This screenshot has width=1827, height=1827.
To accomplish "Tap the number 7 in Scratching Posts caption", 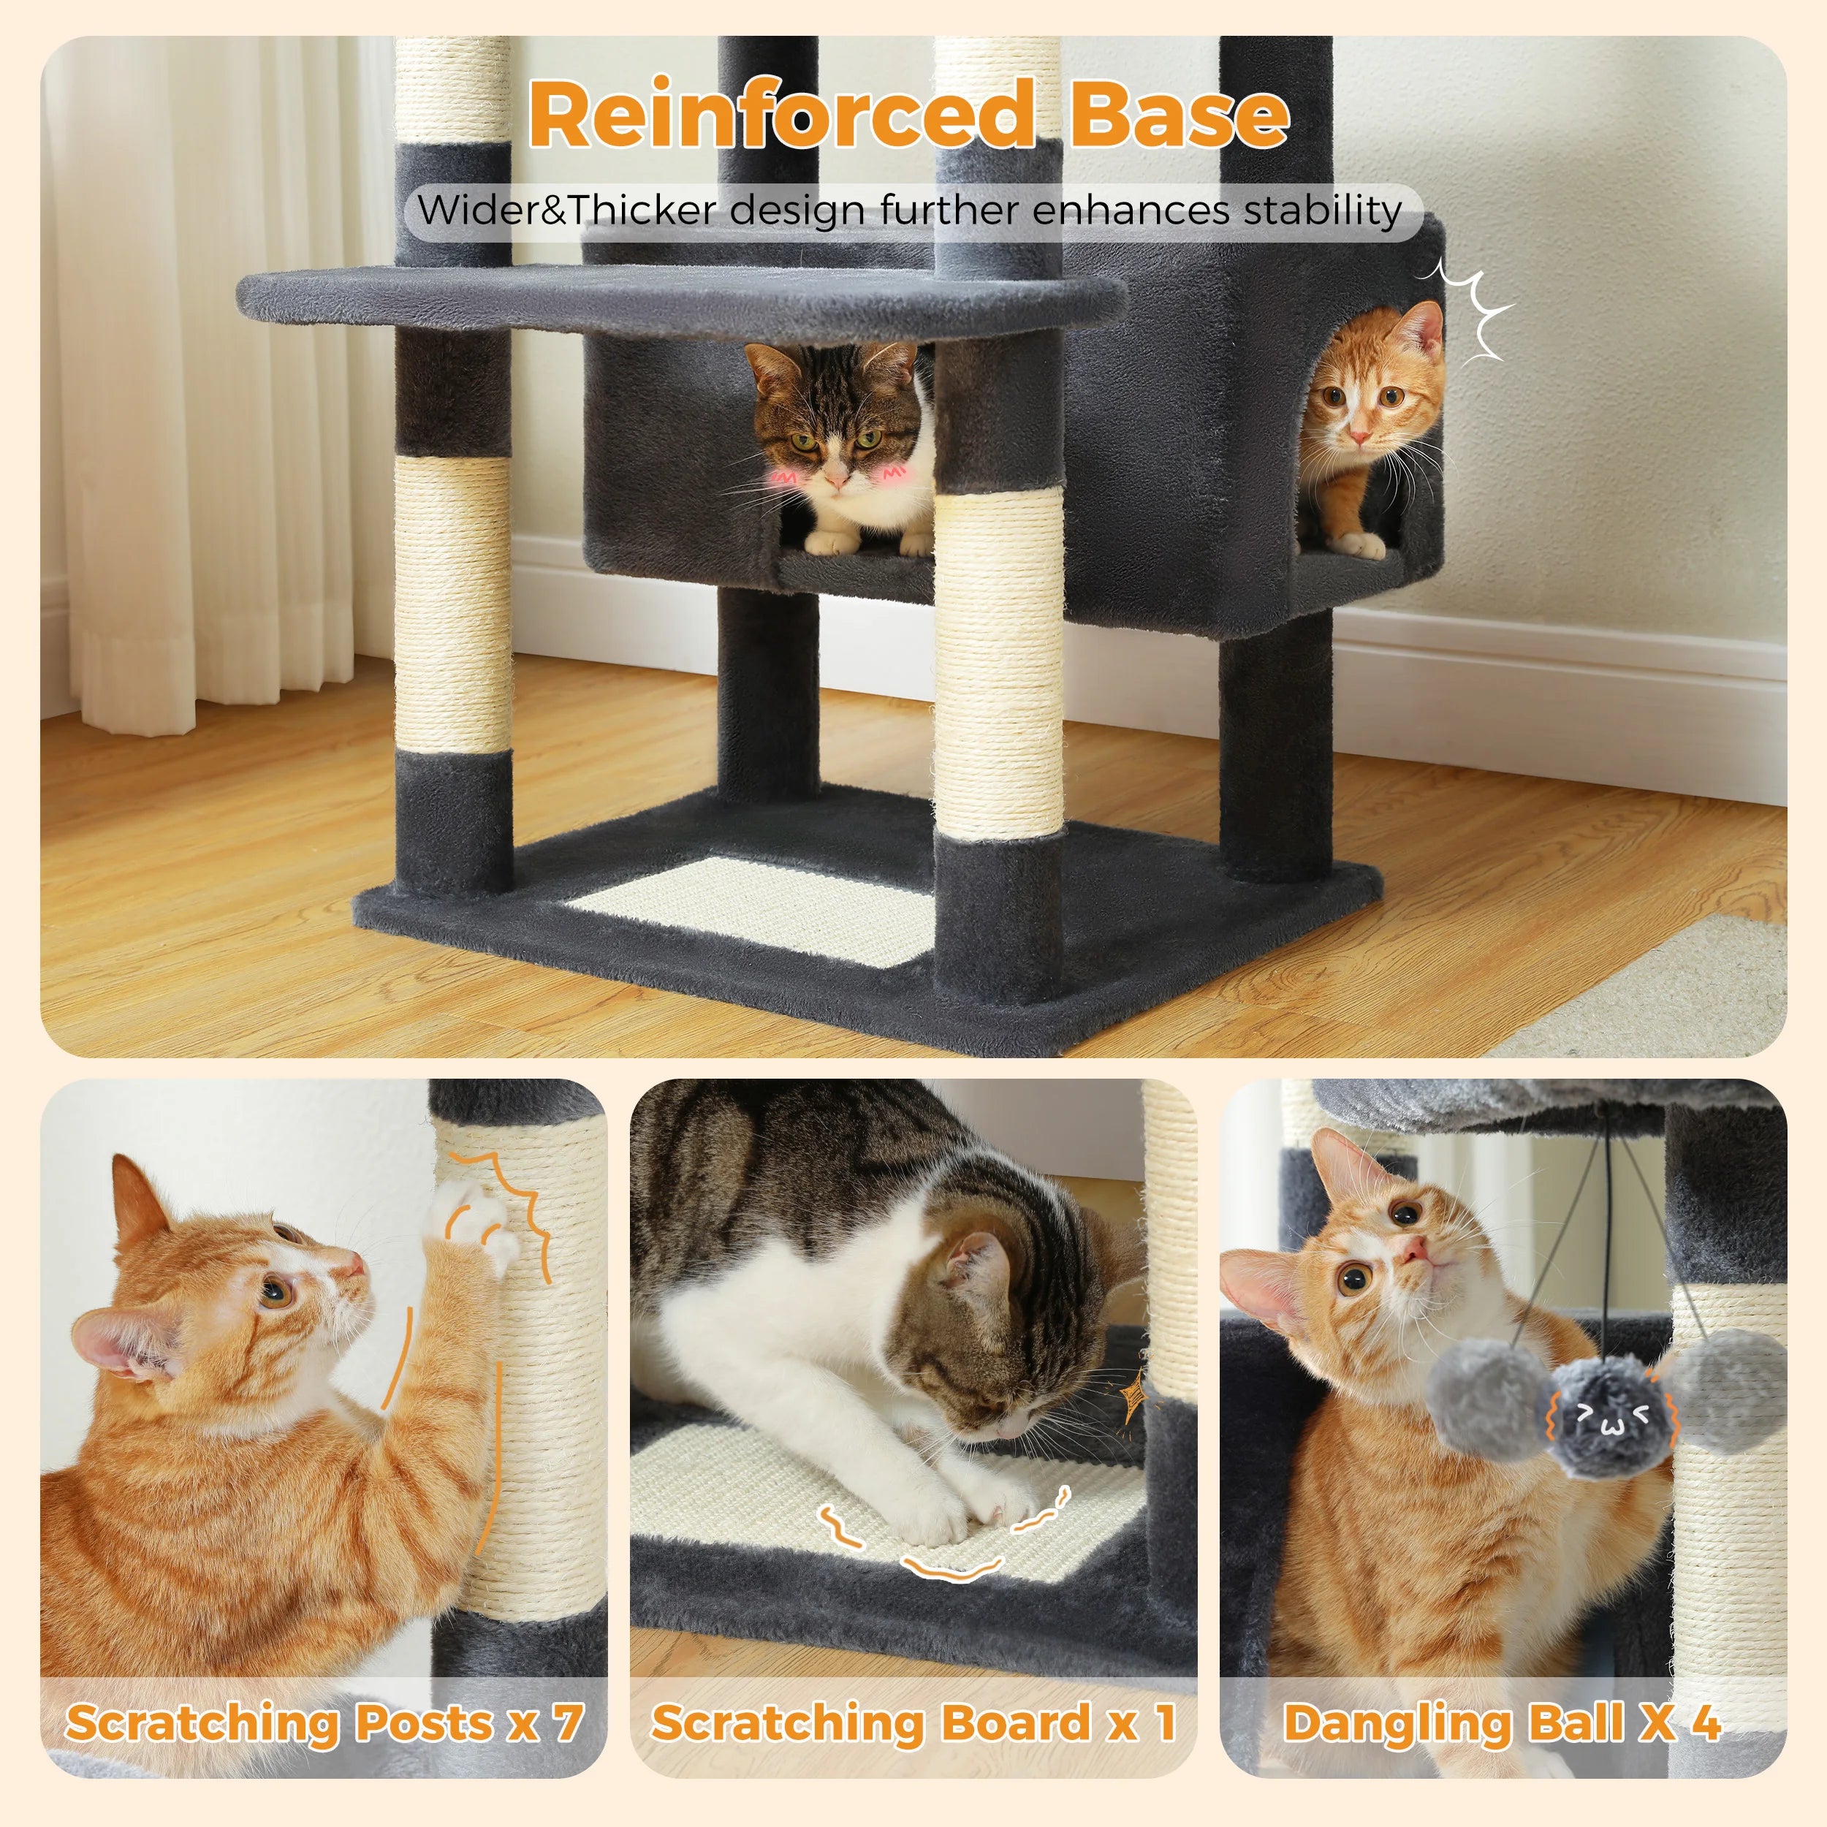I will [567, 1723].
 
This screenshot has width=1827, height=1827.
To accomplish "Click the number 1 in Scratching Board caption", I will [1165, 1723].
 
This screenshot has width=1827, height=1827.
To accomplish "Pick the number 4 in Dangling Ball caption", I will [1705, 1723].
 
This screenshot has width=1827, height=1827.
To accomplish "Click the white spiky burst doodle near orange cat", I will [1475, 312].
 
